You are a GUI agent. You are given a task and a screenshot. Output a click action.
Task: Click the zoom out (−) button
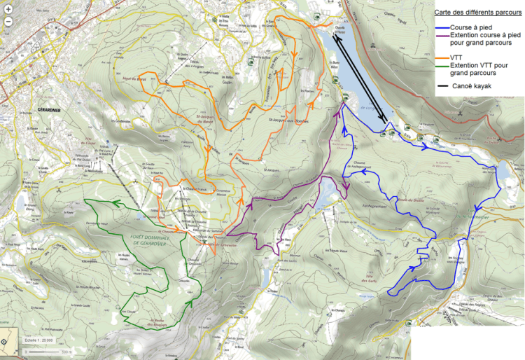pyautogui.click(x=8, y=21)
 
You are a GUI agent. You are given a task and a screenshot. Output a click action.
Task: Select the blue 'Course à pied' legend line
pyautogui.click(x=441, y=27)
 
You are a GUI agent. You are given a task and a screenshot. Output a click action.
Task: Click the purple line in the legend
pyautogui.click(x=441, y=34)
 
